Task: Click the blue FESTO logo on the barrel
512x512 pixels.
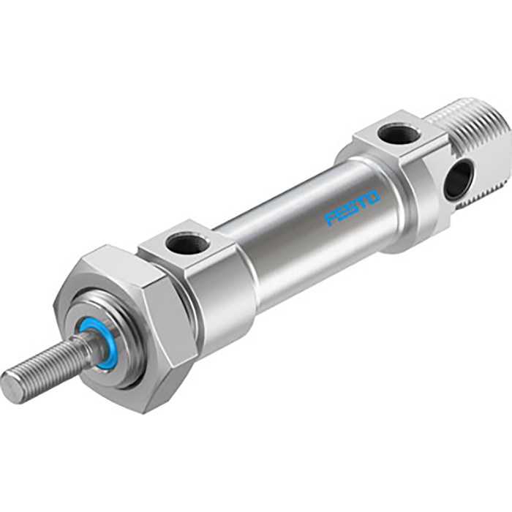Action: [353, 208]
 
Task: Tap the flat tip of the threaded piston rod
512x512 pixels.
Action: [13, 385]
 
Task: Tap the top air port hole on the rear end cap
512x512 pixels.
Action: [399, 134]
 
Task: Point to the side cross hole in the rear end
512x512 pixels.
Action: [458, 179]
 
